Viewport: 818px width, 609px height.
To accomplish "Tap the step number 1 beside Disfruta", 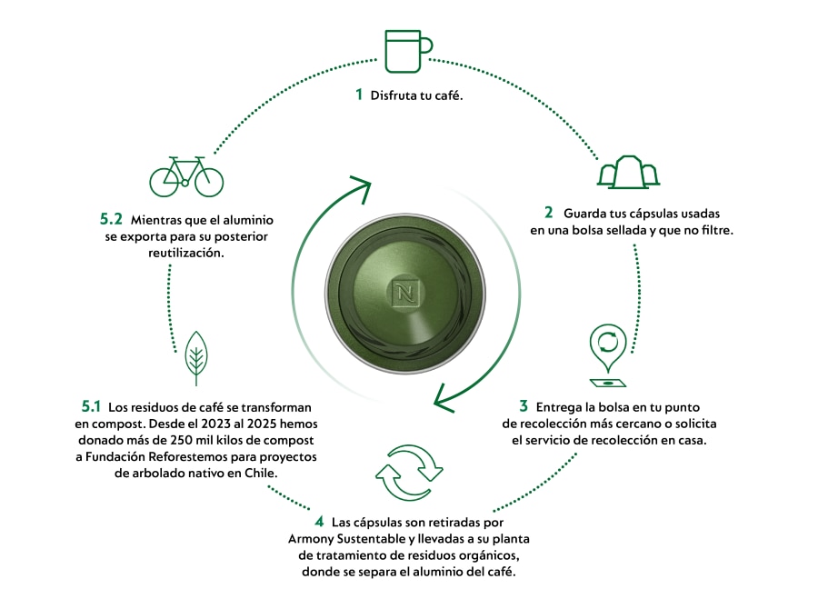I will click(359, 95).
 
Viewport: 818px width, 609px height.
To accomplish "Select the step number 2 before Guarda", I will click(548, 213).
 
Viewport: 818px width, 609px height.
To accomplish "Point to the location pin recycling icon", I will click(606, 351).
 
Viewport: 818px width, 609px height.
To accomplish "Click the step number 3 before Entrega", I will click(524, 405).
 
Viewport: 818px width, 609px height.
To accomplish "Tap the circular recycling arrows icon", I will click(409, 473).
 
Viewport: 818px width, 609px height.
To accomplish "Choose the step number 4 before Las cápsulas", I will click(319, 522).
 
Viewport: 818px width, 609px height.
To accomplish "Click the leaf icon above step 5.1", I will click(195, 358).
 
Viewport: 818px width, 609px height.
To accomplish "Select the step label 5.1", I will click(90, 405).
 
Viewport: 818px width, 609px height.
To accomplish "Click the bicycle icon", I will click(186, 176).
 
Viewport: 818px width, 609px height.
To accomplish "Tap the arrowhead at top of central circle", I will click(360, 191).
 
